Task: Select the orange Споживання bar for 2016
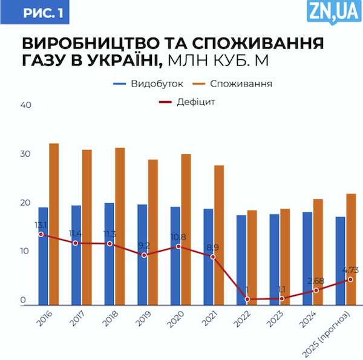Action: click(54, 224)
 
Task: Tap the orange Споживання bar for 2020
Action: click(186, 229)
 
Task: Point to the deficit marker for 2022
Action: click(247, 299)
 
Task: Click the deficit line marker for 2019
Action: click(144, 255)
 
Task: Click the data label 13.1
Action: click(41, 225)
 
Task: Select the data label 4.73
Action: click(351, 270)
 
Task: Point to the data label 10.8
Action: click(178, 237)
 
